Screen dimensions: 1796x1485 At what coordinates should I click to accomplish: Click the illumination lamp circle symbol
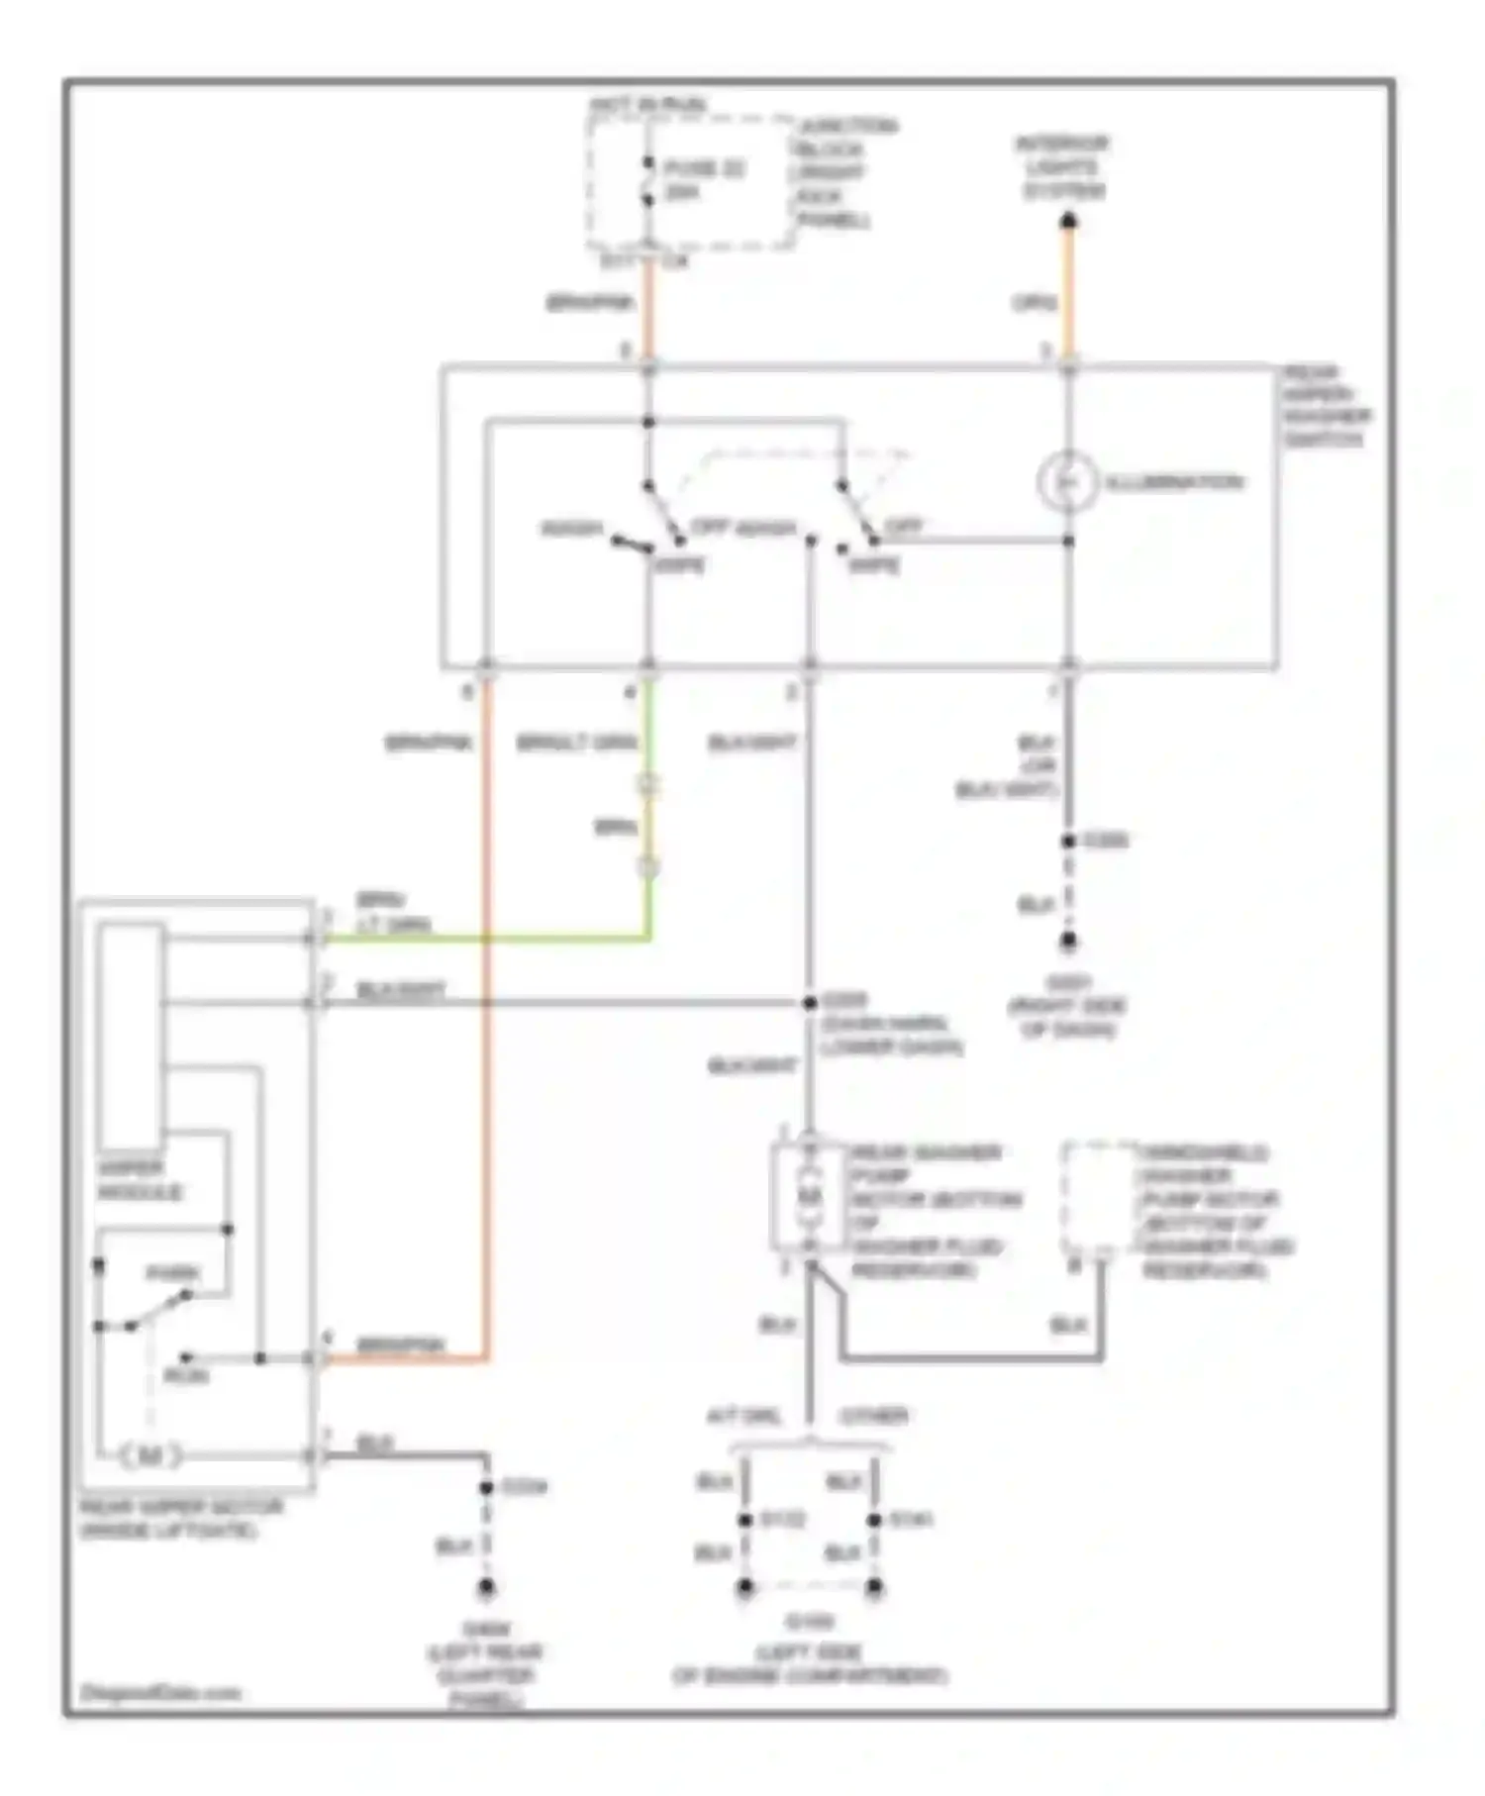click(x=1067, y=482)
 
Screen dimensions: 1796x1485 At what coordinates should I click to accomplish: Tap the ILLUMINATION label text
click(x=1174, y=482)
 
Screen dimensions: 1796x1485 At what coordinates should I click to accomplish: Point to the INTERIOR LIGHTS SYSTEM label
click(x=1063, y=166)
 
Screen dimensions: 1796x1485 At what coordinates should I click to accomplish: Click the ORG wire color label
click(x=1034, y=303)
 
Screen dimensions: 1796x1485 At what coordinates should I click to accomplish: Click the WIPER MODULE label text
click(x=139, y=1180)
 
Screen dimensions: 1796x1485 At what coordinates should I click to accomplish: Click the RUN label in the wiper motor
click(x=186, y=1376)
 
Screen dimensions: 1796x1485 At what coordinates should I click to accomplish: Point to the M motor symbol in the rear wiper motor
click(x=150, y=1456)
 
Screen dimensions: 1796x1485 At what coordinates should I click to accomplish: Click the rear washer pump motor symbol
click(x=810, y=1196)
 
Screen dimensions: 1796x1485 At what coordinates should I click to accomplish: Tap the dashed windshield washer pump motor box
click(x=1099, y=1200)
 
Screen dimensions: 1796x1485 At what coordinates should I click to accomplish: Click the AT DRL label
click(x=743, y=1416)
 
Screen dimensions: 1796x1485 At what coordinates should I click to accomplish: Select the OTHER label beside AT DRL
click(x=873, y=1416)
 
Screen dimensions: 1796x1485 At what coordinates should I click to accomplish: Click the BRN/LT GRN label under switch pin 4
click(x=576, y=743)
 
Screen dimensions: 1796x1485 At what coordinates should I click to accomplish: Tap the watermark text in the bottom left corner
click(x=160, y=1692)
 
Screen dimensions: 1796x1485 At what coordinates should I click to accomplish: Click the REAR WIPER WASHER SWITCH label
click(x=1327, y=406)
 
